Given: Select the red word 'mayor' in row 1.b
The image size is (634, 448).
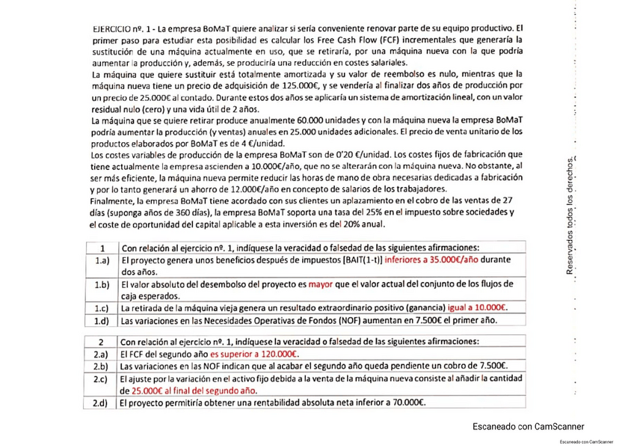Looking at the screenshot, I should click(x=321, y=285).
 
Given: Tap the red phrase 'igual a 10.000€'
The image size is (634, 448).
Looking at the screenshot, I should click(x=477, y=308).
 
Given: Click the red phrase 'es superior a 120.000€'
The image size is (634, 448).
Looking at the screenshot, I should click(x=254, y=355).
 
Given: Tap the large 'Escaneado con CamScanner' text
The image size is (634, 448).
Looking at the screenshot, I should click(x=529, y=426).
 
